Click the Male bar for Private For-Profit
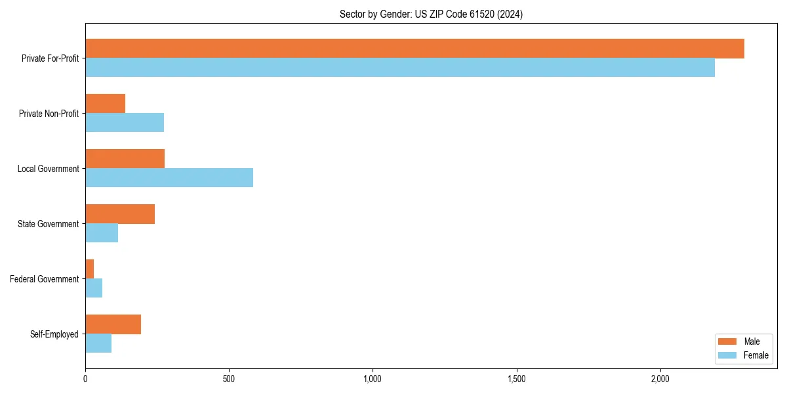tap(414, 49)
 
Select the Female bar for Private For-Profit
tap(400, 68)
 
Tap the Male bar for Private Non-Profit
tap(105, 104)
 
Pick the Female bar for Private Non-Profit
tap(125, 123)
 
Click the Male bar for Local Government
tap(125, 159)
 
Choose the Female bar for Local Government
tap(169, 178)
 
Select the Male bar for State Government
tap(120, 214)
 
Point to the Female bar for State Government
tap(102, 233)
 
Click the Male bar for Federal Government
tap(90, 269)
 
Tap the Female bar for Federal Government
tap(94, 288)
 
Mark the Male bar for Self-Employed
tap(113, 324)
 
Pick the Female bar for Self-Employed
tap(98, 343)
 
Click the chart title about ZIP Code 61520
tap(431, 14)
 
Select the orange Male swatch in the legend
tap(728, 341)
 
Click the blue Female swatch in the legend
tap(728, 355)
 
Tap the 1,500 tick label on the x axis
tap(517, 379)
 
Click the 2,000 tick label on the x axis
tap(660, 379)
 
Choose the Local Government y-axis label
tap(48, 169)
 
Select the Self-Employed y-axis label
tap(54, 334)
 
